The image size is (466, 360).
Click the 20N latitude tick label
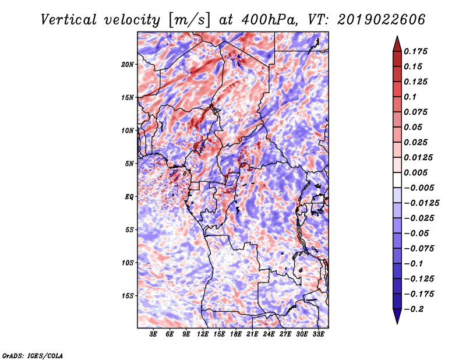pyautogui.click(x=128, y=65)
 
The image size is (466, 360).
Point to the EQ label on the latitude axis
pyautogui.click(x=129, y=197)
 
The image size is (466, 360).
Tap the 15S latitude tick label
pyautogui.click(x=128, y=296)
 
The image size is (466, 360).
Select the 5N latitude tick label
pyautogui.click(x=129, y=164)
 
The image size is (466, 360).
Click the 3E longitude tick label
pyautogui.click(x=153, y=334)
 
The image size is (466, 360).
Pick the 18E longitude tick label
pyautogui.click(x=236, y=334)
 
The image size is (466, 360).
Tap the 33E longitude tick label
pyautogui.click(x=318, y=334)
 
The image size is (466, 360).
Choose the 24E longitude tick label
pyautogui.click(x=269, y=334)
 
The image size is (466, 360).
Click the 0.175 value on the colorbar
pyautogui.click(x=415, y=51)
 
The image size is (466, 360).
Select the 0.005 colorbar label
pyautogui.click(x=415, y=172)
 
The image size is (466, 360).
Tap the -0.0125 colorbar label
pyautogui.click(x=422, y=203)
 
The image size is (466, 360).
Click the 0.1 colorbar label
pyautogui.click(x=410, y=97)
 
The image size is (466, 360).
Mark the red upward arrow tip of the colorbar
pyautogui.click(x=397, y=36)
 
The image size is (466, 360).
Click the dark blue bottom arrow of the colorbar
pyautogui.click(x=397, y=316)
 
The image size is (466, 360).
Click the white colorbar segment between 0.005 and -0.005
pyautogui.click(x=397, y=180)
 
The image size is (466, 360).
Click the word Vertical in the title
pyautogui.click(x=69, y=20)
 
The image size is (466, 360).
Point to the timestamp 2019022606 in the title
pyautogui.click(x=382, y=20)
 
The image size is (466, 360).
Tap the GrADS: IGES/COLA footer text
pyautogui.click(x=33, y=355)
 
